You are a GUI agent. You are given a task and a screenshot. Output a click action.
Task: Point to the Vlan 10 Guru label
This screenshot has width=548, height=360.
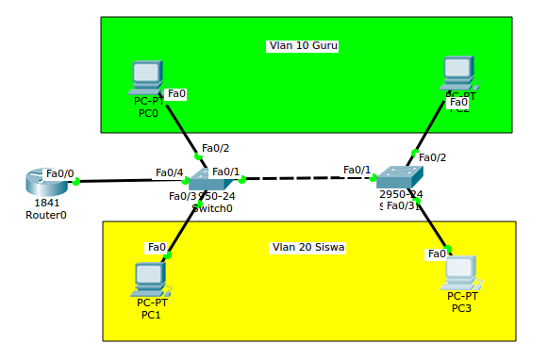(x=302, y=45)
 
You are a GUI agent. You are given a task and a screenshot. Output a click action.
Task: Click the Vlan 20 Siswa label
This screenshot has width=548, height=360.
(x=307, y=248)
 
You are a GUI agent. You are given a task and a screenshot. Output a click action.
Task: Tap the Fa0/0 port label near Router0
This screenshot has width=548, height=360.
(x=59, y=173)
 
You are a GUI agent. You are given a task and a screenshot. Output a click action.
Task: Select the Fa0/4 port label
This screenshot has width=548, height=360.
(x=169, y=172)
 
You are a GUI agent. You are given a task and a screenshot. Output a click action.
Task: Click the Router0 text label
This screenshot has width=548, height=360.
(x=46, y=215)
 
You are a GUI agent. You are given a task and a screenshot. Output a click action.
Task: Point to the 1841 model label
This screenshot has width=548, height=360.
(x=46, y=203)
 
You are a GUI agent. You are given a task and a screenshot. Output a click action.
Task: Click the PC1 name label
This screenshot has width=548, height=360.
(x=151, y=315)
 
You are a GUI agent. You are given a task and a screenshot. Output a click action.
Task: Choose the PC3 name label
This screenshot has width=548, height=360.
(x=461, y=308)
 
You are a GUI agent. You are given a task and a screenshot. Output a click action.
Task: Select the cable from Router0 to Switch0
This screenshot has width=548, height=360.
(x=132, y=180)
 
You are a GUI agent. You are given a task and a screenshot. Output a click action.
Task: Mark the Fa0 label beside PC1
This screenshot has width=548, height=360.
(x=157, y=247)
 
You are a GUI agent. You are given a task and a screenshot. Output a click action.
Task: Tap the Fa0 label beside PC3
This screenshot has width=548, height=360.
(x=437, y=254)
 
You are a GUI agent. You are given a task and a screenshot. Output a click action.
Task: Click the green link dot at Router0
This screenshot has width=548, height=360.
(x=76, y=182)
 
